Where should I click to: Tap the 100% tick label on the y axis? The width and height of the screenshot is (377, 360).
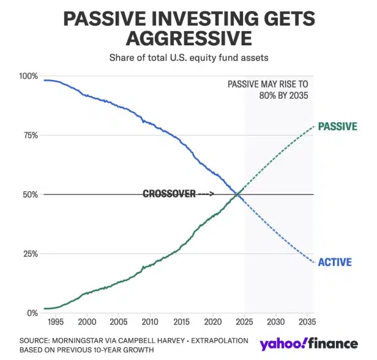(28, 76)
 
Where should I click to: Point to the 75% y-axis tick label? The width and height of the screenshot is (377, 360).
(30, 135)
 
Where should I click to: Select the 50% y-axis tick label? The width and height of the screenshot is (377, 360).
(30, 194)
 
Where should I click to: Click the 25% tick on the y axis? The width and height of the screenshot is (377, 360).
(30, 254)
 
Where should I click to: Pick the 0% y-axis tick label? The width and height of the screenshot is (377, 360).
(32, 313)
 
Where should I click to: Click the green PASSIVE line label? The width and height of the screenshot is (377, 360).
(337, 127)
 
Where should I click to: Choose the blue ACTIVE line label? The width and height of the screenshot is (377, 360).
(335, 262)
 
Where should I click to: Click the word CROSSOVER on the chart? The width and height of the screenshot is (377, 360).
(170, 194)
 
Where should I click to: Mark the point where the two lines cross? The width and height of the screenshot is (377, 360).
(237, 194)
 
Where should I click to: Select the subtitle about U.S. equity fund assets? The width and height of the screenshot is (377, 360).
(188, 58)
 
